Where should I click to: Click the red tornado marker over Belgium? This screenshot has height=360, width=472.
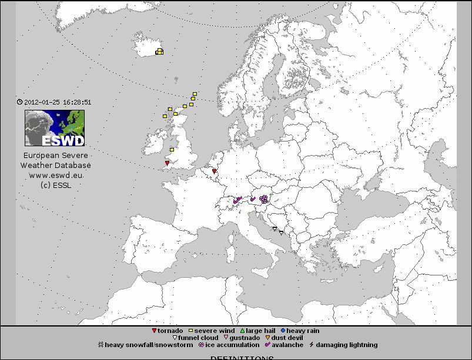pos(215,171)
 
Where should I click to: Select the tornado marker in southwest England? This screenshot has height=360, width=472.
pos(168,163)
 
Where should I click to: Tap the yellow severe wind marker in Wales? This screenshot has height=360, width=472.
pos(172,150)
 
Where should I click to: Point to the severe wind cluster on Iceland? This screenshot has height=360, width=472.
pos(159,52)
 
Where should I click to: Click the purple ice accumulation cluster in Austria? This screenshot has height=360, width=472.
pos(264,199)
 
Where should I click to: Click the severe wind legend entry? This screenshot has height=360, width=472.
pos(212,331)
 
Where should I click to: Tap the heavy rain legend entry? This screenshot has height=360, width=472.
pos(300,331)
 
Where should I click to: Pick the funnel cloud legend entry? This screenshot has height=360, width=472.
pos(195,338)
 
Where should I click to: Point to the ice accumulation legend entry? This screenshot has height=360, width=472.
pos(229,345)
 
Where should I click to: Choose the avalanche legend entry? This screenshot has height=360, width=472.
pos(284,345)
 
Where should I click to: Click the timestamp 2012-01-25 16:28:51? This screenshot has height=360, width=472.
pos(54,102)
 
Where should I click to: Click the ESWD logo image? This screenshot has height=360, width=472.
pos(55,128)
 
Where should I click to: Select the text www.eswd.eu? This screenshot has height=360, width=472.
pos(56,175)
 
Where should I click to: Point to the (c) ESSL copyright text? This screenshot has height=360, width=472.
pos(56,185)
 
